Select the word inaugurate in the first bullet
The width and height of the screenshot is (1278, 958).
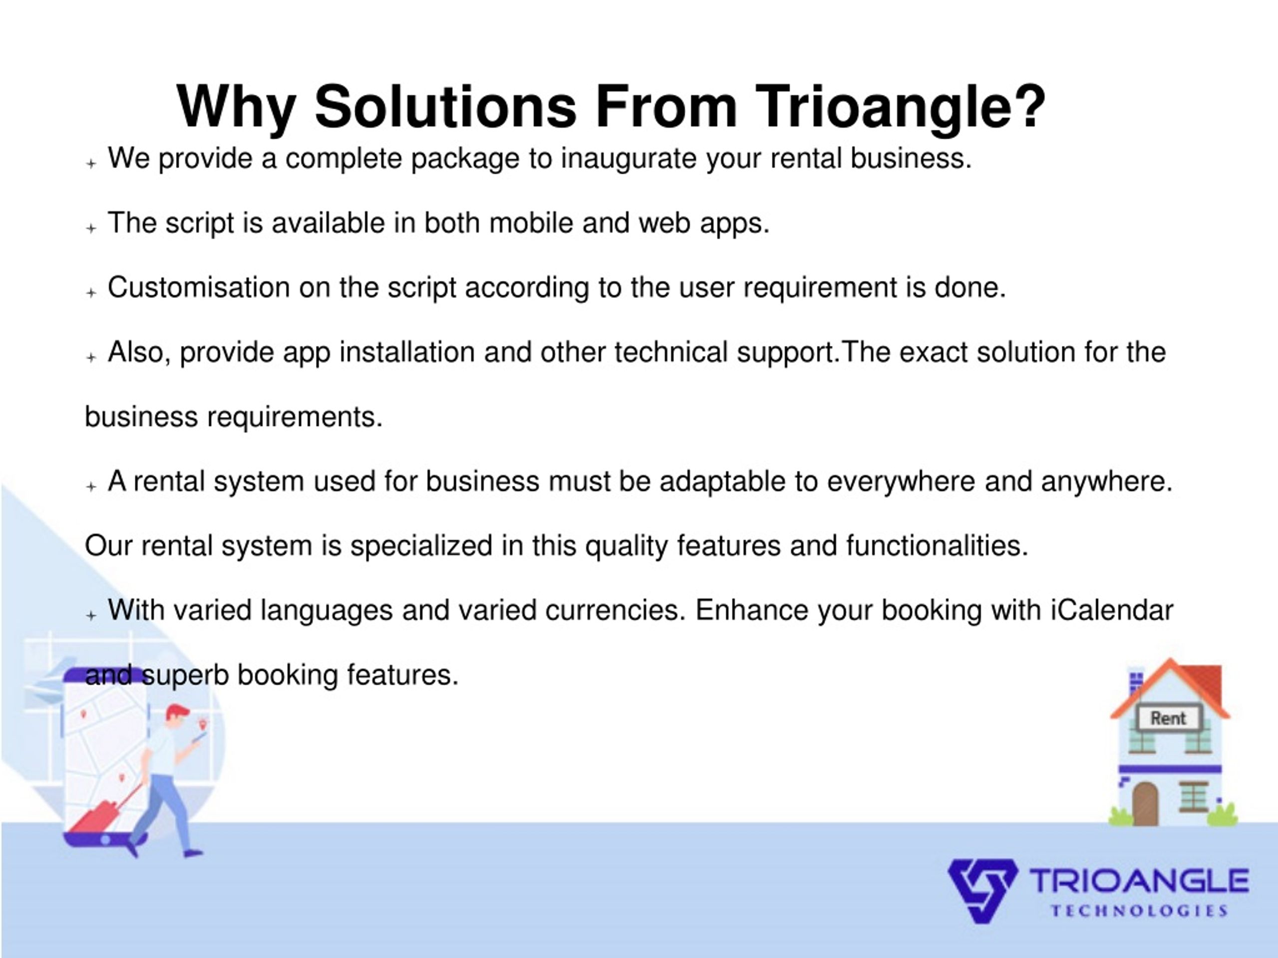(x=629, y=159)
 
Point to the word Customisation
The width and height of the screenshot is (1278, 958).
(x=199, y=288)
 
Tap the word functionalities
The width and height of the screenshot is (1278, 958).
(x=937, y=546)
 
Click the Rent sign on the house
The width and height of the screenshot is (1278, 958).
(x=1168, y=718)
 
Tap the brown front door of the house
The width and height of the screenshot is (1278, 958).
(x=1145, y=804)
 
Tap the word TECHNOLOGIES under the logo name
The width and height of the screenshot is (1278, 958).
(x=1139, y=911)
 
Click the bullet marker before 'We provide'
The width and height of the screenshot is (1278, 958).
(x=91, y=164)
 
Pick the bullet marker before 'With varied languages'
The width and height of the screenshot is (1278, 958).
(x=91, y=616)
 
